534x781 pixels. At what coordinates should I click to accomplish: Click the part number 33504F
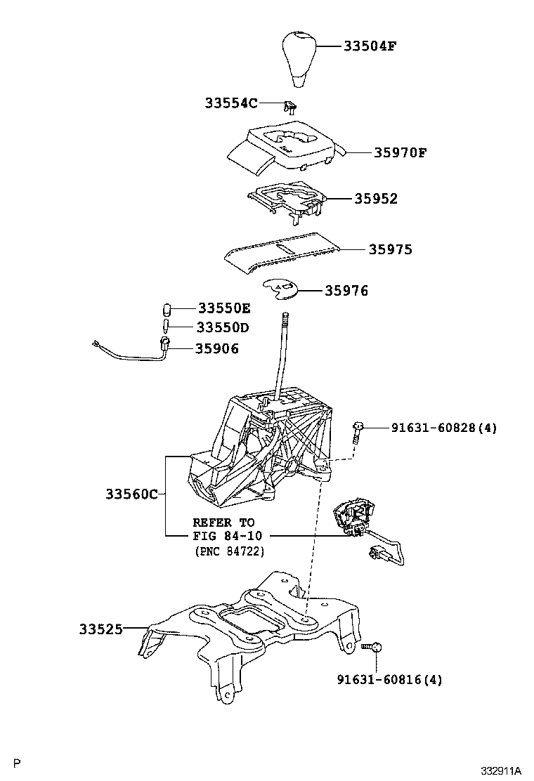pyautogui.click(x=370, y=47)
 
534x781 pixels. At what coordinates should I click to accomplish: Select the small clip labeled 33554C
pyautogui.click(x=289, y=106)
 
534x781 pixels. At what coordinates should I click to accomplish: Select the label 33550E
pyautogui.click(x=223, y=308)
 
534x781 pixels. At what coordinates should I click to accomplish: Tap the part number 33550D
pyautogui.click(x=223, y=327)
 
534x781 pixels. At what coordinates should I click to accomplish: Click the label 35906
pyautogui.click(x=217, y=348)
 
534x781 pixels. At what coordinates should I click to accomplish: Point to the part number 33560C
pyautogui.click(x=131, y=494)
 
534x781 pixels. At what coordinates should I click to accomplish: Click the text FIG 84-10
pyautogui.click(x=224, y=537)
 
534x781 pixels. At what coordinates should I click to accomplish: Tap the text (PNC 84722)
pyautogui.click(x=229, y=552)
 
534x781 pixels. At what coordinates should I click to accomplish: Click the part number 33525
pyautogui.click(x=101, y=629)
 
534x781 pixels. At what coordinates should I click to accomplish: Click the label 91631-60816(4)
pyautogui.click(x=389, y=679)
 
